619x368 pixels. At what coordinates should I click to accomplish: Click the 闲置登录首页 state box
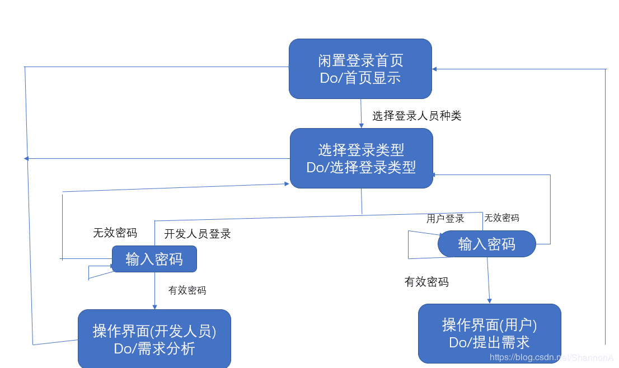(360, 69)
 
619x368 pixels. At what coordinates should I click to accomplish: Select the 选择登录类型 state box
(361, 158)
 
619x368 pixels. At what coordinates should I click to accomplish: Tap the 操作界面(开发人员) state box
(154, 339)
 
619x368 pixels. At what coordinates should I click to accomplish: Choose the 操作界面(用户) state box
(489, 333)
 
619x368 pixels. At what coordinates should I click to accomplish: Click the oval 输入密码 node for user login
(486, 244)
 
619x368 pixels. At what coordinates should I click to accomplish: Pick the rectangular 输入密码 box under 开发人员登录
(154, 260)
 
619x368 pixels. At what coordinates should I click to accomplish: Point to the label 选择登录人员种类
(416, 116)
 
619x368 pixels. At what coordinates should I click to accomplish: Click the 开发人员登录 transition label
(197, 234)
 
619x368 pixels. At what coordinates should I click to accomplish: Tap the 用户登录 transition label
(445, 219)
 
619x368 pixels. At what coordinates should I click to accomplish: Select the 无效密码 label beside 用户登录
(501, 218)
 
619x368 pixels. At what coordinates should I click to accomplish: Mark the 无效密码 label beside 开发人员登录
(115, 233)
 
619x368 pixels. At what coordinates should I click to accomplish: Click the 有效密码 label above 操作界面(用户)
(426, 282)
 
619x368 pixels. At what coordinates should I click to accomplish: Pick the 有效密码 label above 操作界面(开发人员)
(187, 290)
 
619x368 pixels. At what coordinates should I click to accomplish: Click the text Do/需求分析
(154, 349)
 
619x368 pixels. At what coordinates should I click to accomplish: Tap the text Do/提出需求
(489, 342)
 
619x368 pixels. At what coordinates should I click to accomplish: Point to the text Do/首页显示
(360, 78)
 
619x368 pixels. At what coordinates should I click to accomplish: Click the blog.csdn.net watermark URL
(551, 357)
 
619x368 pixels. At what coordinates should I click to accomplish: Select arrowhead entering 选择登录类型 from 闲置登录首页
(362, 125)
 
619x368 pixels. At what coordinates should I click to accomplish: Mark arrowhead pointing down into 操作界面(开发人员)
(154, 306)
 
